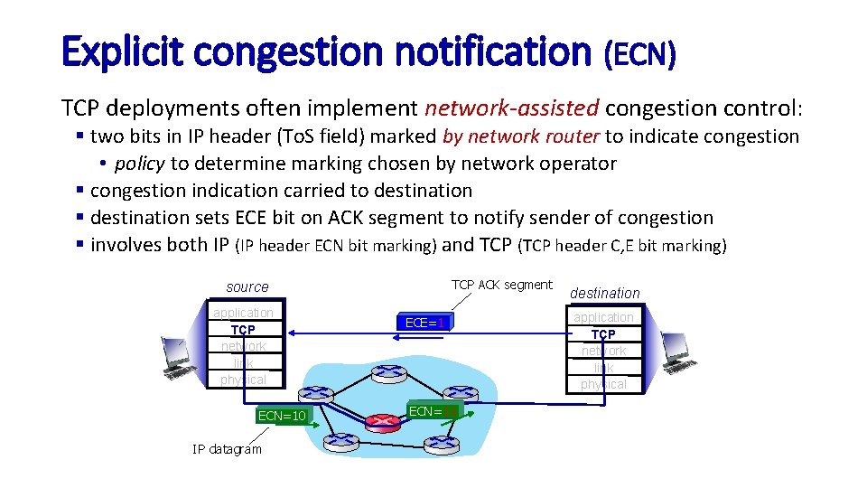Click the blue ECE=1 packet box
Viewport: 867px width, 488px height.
(x=423, y=323)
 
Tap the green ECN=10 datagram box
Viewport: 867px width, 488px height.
(x=282, y=416)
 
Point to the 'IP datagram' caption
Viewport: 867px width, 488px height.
(x=227, y=449)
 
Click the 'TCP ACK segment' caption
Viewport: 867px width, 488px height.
(x=501, y=285)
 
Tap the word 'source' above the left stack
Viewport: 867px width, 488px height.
(x=247, y=287)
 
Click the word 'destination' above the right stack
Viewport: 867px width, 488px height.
(x=604, y=293)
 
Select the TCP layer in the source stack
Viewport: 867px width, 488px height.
(x=243, y=330)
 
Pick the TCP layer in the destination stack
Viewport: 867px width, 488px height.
(x=603, y=334)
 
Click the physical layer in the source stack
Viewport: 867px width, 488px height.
(x=243, y=380)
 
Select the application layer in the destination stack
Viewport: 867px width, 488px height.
(x=603, y=317)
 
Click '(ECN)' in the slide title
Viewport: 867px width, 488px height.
(x=639, y=56)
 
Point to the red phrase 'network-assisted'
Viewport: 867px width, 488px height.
(x=512, y=109)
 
